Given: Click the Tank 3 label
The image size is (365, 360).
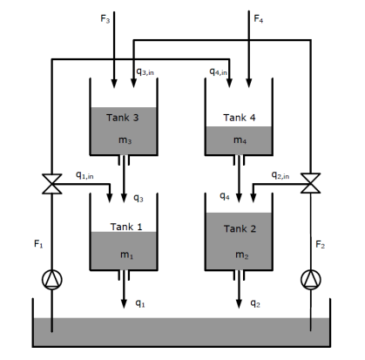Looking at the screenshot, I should click(123, 117).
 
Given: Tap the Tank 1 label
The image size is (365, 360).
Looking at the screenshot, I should click(126, 227).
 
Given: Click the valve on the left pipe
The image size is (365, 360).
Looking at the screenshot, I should click(54, 184).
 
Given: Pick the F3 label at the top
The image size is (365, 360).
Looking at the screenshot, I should click(106, 17).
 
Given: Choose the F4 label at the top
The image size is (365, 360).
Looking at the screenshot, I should click(258, 17).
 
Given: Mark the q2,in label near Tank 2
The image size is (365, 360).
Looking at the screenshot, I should click(280, 175).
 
